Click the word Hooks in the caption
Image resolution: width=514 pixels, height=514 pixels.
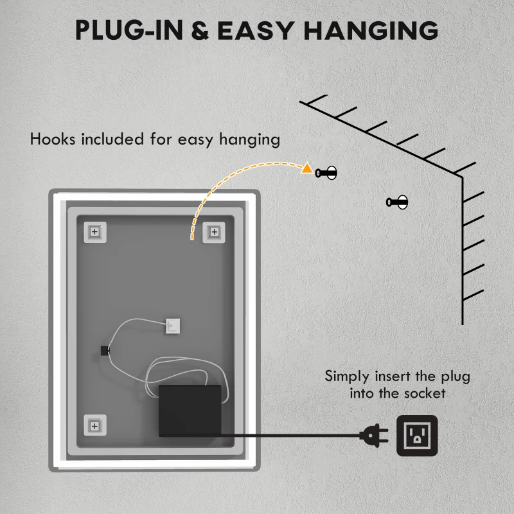54,139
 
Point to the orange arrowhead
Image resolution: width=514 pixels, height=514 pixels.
307,170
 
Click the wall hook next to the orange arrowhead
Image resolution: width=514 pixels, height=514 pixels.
326,172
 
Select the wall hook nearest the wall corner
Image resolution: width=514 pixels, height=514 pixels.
397,202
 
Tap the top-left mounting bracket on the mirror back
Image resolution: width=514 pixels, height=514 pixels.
94,231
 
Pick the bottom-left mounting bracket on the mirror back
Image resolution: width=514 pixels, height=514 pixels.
94,425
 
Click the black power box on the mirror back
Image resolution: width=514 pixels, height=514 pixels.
190,410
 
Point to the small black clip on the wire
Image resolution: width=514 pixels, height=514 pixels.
105,350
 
